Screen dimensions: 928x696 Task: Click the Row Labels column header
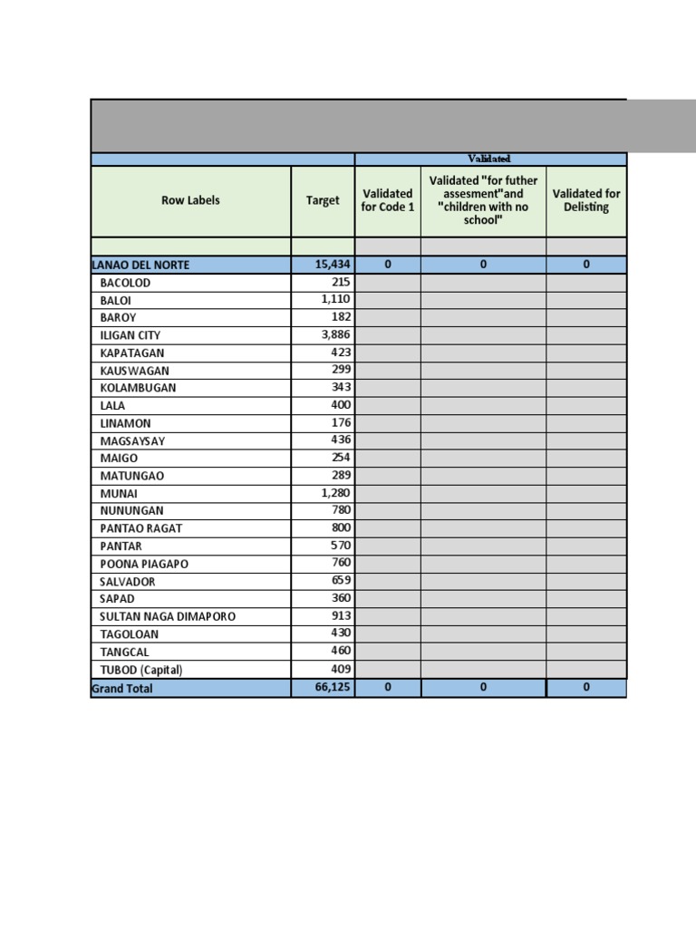[190, 200]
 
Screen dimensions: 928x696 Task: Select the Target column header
[323, 200]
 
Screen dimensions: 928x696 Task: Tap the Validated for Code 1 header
[387, 200]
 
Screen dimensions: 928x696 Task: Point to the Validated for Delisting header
[586, 200]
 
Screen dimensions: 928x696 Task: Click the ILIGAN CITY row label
[130, 335]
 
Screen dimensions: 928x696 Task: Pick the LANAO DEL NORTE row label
[140, 265]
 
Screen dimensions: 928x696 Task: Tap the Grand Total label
[122, 689]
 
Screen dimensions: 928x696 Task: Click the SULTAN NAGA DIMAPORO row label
[168, 616]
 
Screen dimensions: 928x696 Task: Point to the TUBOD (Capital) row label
[141, 670]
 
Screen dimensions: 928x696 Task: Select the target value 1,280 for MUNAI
[334, 493]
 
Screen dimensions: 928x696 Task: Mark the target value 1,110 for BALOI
[334, 299]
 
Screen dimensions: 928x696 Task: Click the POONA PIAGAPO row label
[144, 564]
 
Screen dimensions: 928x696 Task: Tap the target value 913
[341, 616]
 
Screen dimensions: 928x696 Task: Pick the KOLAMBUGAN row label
[138, 388]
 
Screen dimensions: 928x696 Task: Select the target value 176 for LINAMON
[341, 422]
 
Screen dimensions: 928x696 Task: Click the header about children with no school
[483, 200]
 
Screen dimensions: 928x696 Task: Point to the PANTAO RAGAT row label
[142, 528]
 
